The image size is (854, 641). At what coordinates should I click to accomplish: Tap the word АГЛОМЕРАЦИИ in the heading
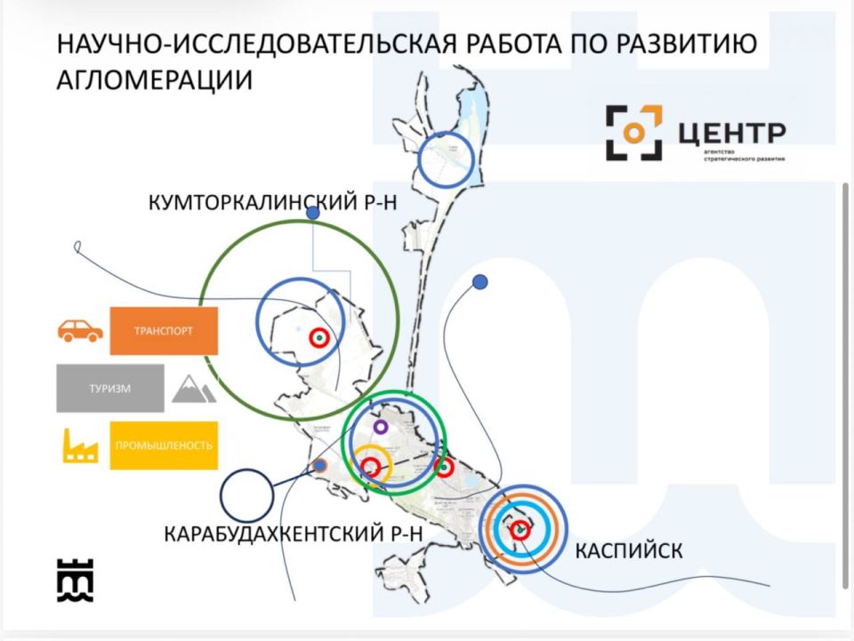(154, 80)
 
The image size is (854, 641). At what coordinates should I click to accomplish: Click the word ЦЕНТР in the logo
(731, 132)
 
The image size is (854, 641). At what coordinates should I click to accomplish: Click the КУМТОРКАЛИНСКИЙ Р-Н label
(271, 204)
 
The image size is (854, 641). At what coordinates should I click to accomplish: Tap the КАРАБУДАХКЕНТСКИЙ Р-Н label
(292, 534)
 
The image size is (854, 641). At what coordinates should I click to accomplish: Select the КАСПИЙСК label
(629, 550)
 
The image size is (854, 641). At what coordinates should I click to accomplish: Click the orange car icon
(80, 331)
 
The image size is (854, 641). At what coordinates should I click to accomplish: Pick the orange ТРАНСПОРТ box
(164, 331)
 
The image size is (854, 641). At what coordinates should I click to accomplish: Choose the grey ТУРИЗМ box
(110, 388)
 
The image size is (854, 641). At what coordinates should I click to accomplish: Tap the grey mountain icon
(194, 389)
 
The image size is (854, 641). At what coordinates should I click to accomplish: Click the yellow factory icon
(80, 445)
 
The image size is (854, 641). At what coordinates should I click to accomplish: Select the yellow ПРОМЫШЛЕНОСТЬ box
(164, 445)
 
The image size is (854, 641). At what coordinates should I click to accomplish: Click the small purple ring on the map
(381, 427)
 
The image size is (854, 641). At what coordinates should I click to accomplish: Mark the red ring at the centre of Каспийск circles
(520, 530)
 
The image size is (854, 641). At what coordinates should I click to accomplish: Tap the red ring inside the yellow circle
(372, 467)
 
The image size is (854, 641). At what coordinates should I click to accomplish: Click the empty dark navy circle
(246, 496)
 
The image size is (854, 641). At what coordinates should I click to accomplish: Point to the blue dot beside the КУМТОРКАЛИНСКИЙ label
(312, 214)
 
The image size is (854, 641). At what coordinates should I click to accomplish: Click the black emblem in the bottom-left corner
(75, 580)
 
